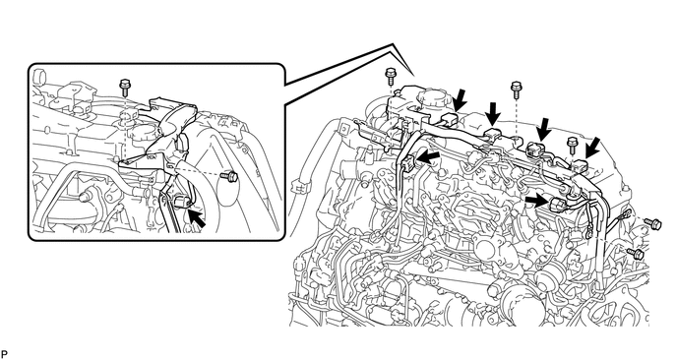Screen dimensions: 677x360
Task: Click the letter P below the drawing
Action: tap(4, 354)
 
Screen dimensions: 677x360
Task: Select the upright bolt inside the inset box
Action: tap(125, 88)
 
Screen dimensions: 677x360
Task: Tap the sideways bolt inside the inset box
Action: tap(229, 176)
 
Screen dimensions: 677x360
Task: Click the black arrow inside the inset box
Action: tap(197, 218)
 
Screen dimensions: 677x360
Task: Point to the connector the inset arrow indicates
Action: tap(180, 202)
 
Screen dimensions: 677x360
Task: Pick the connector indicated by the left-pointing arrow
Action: tap(407, 163)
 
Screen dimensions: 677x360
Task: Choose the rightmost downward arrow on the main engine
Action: tap(592, 149)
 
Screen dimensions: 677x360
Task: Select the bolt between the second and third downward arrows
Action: tap(516, 90)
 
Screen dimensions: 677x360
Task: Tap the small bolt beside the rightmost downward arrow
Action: tap(573, 146)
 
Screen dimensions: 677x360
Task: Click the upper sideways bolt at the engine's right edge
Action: tap(652, 222)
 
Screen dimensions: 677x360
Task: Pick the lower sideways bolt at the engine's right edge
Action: tap(635, 252)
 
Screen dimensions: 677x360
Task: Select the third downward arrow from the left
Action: tap(543, 129)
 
